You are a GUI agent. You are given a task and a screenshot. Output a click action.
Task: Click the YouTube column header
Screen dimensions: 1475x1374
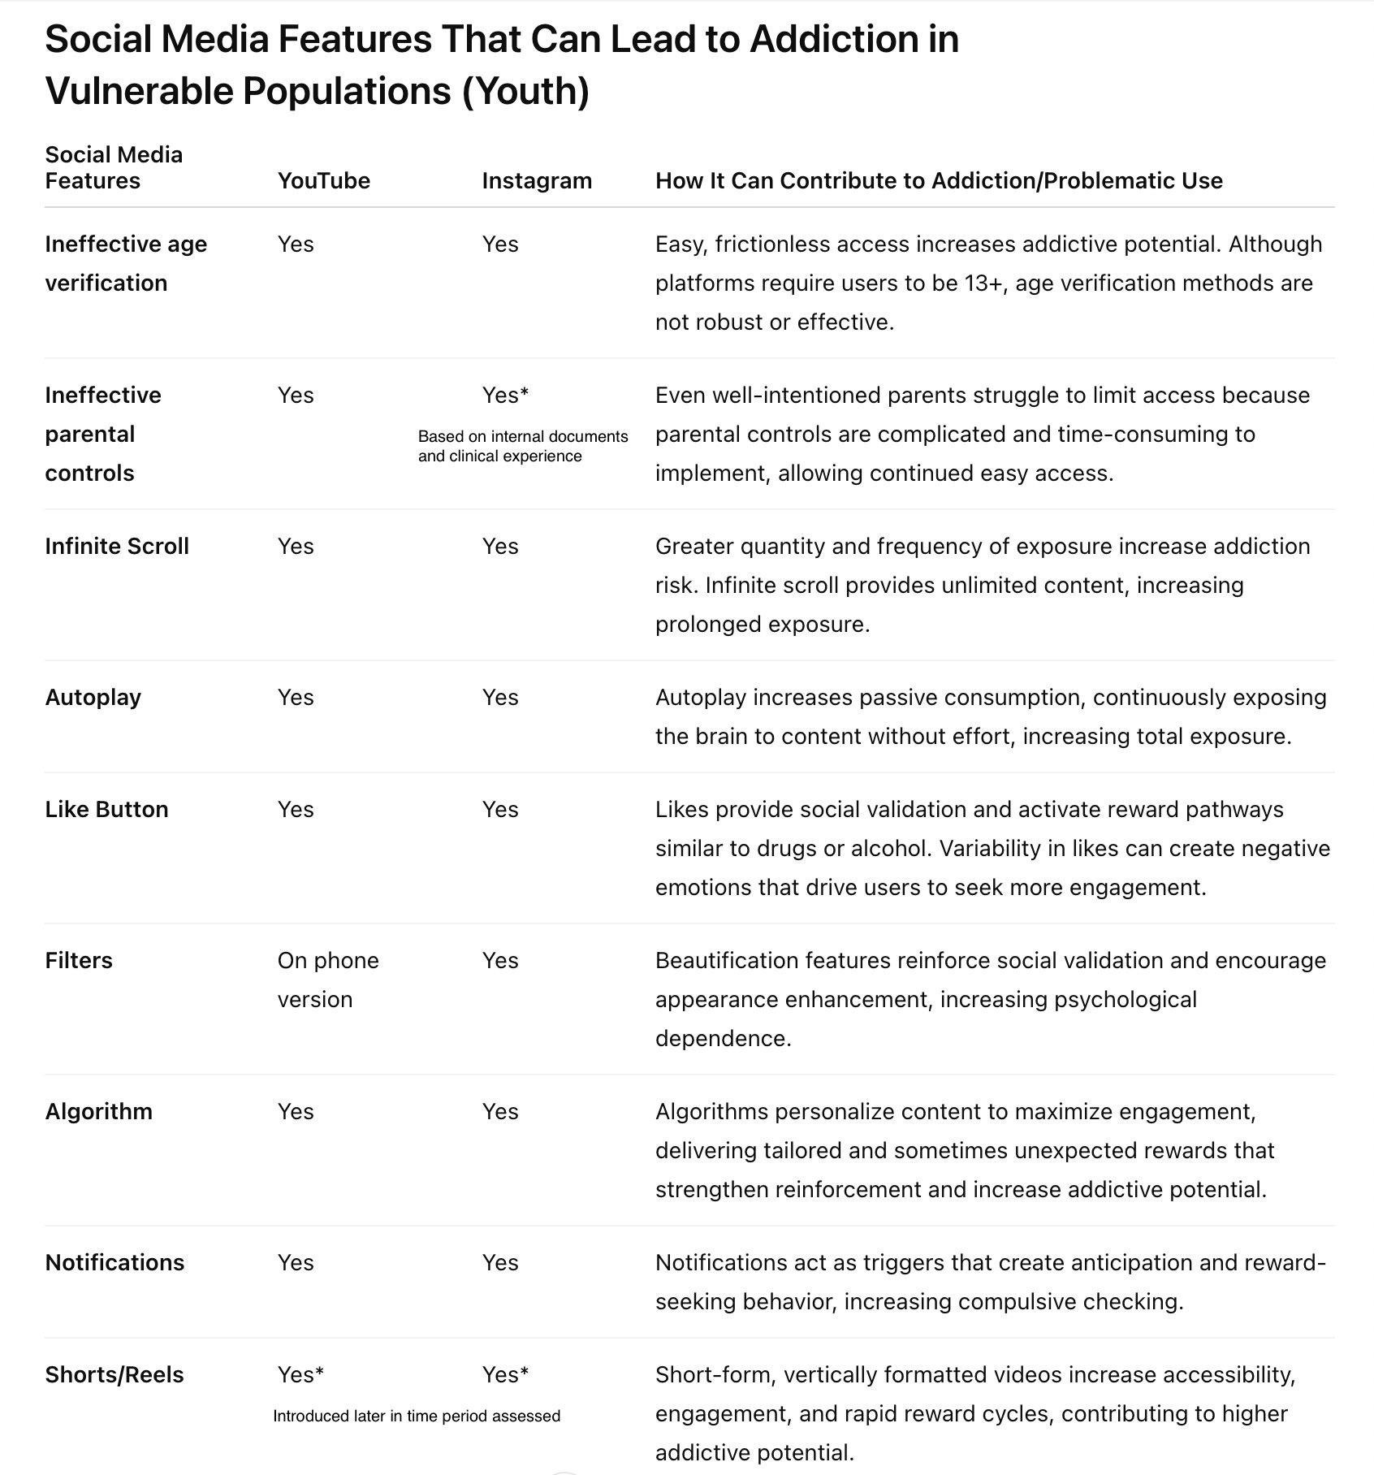[323, 180]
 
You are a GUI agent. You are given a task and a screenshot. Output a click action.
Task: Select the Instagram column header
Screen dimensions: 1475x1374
[537, 180]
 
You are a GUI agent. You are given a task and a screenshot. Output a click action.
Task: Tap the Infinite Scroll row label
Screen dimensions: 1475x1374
[117, 546]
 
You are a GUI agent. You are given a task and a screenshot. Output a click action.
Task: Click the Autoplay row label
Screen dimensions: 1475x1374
[93, 697]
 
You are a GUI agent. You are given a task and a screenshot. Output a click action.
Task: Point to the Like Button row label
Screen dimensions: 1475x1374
[106, 809]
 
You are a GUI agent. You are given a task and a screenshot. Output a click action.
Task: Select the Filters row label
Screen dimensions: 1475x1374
[79, 960]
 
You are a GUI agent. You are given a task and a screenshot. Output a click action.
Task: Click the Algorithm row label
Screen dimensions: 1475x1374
[99, 1111]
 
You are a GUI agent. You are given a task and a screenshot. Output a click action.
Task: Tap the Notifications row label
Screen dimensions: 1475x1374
[114, 1262]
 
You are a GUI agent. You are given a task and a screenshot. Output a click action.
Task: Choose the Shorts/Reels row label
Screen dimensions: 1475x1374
[114, 1374]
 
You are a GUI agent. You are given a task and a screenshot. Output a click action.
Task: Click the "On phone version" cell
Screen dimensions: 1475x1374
[327, 980]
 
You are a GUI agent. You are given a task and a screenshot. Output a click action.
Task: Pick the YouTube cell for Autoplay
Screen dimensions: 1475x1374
[296, 697]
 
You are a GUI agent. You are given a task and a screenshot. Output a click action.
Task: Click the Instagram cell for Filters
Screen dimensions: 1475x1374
[500, 960]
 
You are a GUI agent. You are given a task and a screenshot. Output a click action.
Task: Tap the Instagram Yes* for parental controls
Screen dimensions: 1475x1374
[505, 395]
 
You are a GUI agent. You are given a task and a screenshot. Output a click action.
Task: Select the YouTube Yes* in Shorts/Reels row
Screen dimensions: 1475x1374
[300, 1374]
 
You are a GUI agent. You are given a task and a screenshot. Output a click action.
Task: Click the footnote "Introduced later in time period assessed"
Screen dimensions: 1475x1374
[417, 1417]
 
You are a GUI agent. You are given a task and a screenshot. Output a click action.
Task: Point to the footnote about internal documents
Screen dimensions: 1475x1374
[523, 446]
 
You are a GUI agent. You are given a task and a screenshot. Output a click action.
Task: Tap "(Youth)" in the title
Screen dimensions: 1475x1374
[525, 90]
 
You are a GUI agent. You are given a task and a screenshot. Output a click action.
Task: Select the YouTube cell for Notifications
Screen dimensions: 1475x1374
[296, 1262]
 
